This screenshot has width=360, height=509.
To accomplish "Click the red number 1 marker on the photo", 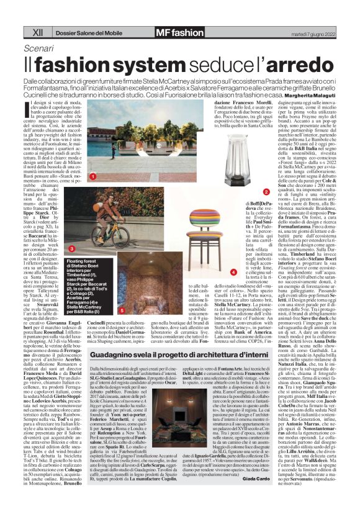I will point(92,177).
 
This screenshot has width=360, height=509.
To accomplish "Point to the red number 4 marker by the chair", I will point(233,272).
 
